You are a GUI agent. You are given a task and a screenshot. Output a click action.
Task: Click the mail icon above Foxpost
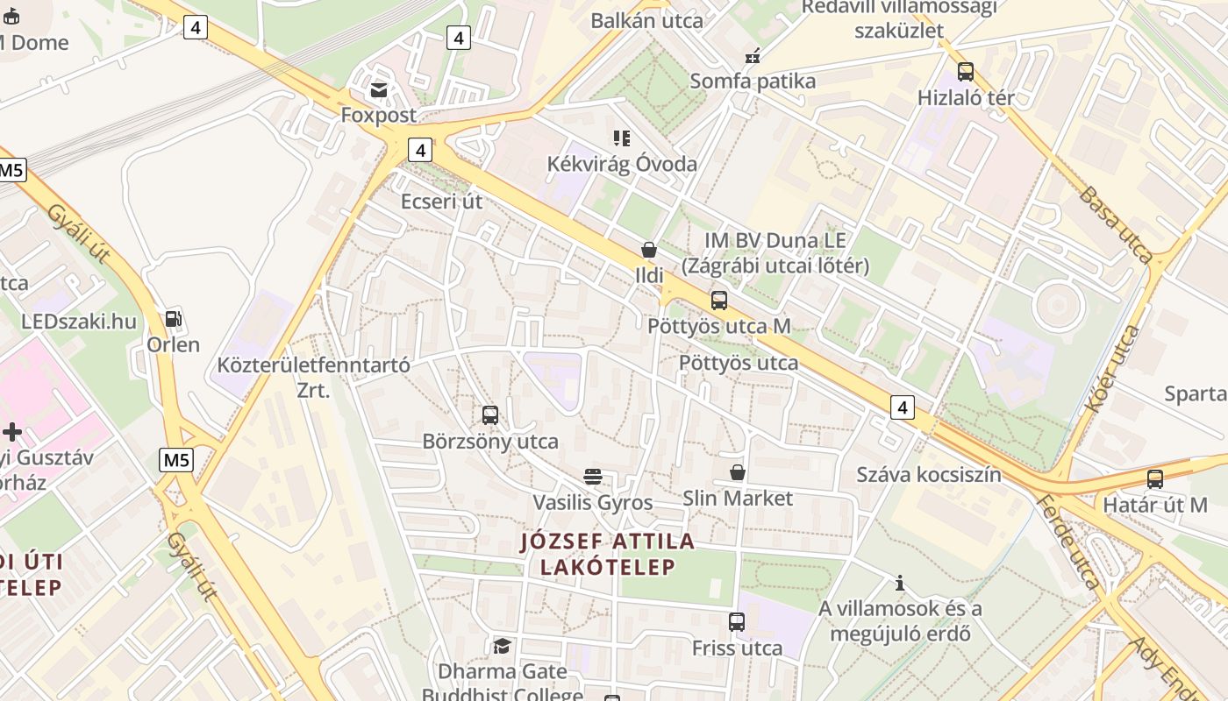(x=379, y=90)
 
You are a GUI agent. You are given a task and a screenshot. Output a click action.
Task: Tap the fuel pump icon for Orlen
(x=174, y=319)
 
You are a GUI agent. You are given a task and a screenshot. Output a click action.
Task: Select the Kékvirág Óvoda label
(x=622, y=164)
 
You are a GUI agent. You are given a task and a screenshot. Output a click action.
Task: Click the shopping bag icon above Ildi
(x=649, y=251)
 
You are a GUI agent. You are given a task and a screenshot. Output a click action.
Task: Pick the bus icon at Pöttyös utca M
(x=719, y=301)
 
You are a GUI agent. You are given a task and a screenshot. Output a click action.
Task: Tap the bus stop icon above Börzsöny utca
(x=490, y=415)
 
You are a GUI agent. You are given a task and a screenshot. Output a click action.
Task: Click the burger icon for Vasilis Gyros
(x=593, y=477)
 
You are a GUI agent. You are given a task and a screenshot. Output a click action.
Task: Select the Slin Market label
(x=738, y=499)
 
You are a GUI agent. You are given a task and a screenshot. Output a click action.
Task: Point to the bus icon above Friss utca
(x=737, y=622)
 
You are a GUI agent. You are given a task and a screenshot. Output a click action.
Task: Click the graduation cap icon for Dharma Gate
(x=502, y=647)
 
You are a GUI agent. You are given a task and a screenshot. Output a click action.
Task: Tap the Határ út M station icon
(x=1155, y=479)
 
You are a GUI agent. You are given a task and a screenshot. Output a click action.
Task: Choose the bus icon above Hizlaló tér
(x=966, y=72)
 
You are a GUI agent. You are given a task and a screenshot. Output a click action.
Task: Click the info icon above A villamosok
(x=899, y=583)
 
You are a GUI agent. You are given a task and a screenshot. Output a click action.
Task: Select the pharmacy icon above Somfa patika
(x=752, y=56)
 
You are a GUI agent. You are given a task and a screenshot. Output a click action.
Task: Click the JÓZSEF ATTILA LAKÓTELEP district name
(x=608, y=554)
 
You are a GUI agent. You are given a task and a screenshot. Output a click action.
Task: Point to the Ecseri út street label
(x=441, y=202)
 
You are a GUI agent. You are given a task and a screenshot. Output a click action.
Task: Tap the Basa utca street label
(x=1115, y=224)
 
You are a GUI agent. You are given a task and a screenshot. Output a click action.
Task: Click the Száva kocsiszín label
(x=929, y=475)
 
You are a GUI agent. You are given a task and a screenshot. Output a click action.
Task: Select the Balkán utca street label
(x=646, y=21)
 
